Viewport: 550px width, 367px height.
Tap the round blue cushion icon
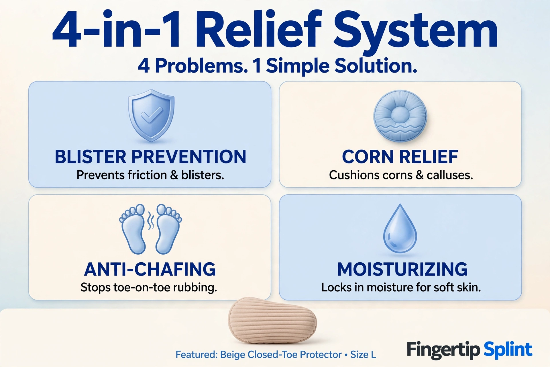[400, 116]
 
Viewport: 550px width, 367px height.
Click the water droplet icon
[400, 229]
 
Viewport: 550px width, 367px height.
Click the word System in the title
[415, 30]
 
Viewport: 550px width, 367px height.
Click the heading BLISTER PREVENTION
[150, 157]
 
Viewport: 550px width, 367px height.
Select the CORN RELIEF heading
[400, 157]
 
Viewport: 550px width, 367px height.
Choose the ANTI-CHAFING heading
[150, 269]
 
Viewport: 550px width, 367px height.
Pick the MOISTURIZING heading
[402, 269]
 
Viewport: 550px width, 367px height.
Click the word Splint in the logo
[508, 350]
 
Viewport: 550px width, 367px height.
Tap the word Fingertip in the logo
[443, 350]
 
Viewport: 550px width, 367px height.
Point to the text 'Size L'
[363, 355]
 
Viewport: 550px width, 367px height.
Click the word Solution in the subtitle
[376, 66]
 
